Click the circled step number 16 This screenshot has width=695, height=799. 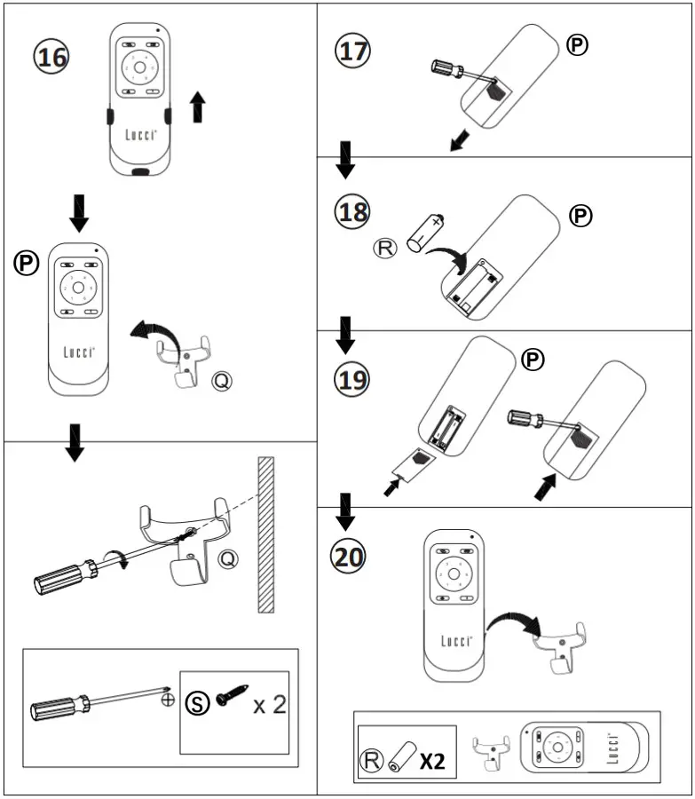point(51,56)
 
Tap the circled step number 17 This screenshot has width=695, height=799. point(352,51)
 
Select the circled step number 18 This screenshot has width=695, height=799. point(352,211)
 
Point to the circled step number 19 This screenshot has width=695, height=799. point(351,379)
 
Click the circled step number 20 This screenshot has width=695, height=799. point(349,556)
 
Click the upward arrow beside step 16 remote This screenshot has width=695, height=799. point(198,107)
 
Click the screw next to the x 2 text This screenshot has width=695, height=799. point(232,695)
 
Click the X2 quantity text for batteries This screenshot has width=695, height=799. point(432,761)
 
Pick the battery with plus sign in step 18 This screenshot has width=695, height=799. point(426,233)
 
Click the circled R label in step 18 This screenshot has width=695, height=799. point(384,249)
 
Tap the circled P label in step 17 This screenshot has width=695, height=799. point(577,45)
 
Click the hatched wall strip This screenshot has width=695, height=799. point(266,534)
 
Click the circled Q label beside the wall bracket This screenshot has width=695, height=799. point(228,559)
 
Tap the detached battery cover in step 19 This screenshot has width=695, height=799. point(415,464)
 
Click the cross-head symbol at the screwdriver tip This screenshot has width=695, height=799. point(168,700)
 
